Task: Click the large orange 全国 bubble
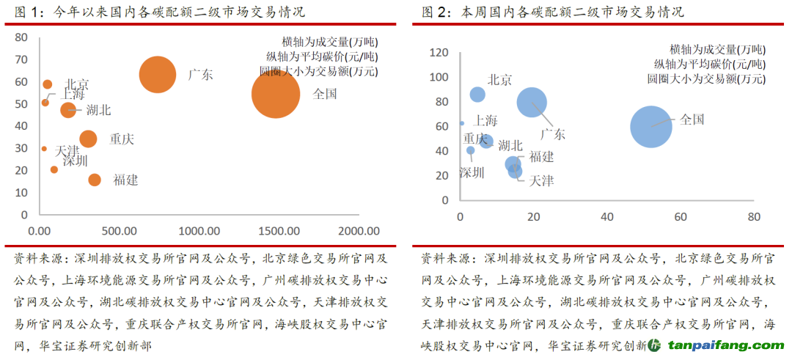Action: pos(276,93)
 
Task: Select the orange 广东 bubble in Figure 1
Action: pos(158,75)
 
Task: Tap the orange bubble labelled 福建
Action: pos(95,180)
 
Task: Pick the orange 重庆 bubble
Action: pos(88,139)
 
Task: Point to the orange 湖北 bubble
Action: pos(68,110)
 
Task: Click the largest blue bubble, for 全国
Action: pos(651,127)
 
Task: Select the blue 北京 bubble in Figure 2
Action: pos(477,94)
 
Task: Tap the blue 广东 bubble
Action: pos(533,102)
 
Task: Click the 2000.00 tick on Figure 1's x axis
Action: pos(359,229)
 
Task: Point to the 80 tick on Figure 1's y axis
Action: pos(21,37)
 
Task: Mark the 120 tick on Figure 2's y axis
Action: pos(439,52)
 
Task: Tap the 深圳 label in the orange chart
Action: pos(75,161)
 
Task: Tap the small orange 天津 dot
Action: pos(44,149)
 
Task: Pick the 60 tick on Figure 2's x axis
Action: pos(681,217)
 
